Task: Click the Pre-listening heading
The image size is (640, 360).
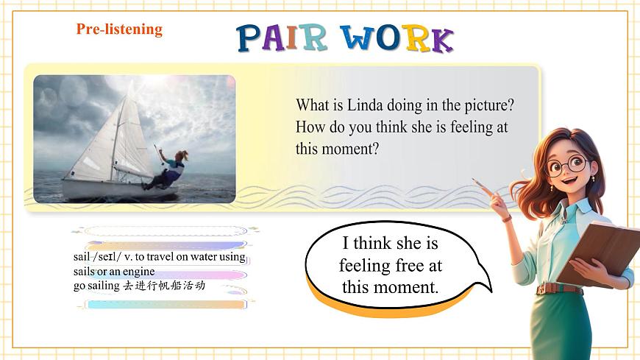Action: [119, 29]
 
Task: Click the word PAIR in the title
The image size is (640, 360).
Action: [281, 38]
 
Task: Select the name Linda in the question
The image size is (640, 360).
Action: [364, 105]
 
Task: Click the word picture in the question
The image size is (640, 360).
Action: [486, 105]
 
